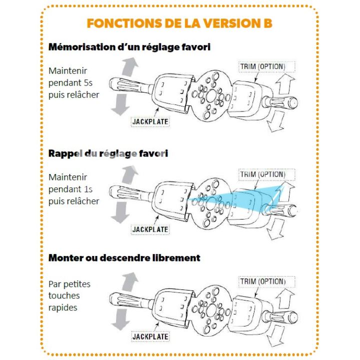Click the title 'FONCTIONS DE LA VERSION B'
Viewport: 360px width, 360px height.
[179, 23]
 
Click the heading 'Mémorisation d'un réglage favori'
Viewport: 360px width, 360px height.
[129, 47]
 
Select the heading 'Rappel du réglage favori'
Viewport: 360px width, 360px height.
[108, 153]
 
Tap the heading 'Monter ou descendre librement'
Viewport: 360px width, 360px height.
[124, 258]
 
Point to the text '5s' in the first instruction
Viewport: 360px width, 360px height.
[88, 83]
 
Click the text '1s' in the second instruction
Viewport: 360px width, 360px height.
[88, 189]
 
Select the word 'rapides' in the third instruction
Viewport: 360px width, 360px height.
[63, 308]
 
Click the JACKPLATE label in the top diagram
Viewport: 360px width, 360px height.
[150, 121]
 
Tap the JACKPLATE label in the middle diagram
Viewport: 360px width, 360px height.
[150, 229]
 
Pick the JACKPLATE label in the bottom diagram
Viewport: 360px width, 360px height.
[150, 337]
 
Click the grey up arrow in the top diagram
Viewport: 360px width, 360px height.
[129, 67]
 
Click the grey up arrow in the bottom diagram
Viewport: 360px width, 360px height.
[129, 281]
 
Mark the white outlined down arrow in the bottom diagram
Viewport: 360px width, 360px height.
[276, 335]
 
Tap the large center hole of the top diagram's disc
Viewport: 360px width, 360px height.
[211, 96]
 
